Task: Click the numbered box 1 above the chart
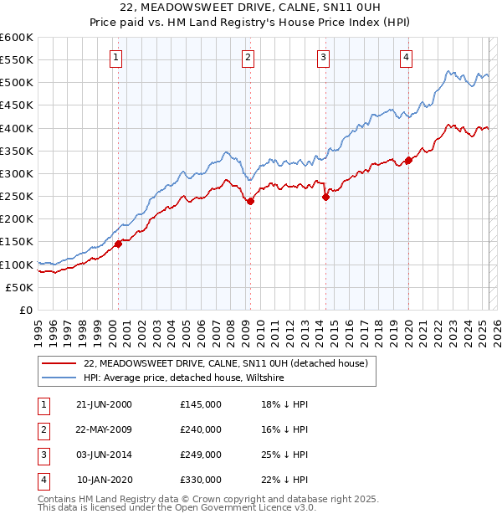tap(115, 58)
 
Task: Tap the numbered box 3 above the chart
tap(323, 58)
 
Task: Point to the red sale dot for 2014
tap(325, 198)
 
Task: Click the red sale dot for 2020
tap(408, 160)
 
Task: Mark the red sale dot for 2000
tap(118, 244)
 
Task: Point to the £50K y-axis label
tap(18, 287)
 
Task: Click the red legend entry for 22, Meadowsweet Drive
tap(226, 364)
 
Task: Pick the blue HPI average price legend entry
tap(184, 378)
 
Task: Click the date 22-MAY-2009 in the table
tap(104, 429)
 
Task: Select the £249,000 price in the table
tap(201, 455)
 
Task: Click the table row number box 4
tap(42, 480)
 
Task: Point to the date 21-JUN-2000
tap(104, 404)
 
